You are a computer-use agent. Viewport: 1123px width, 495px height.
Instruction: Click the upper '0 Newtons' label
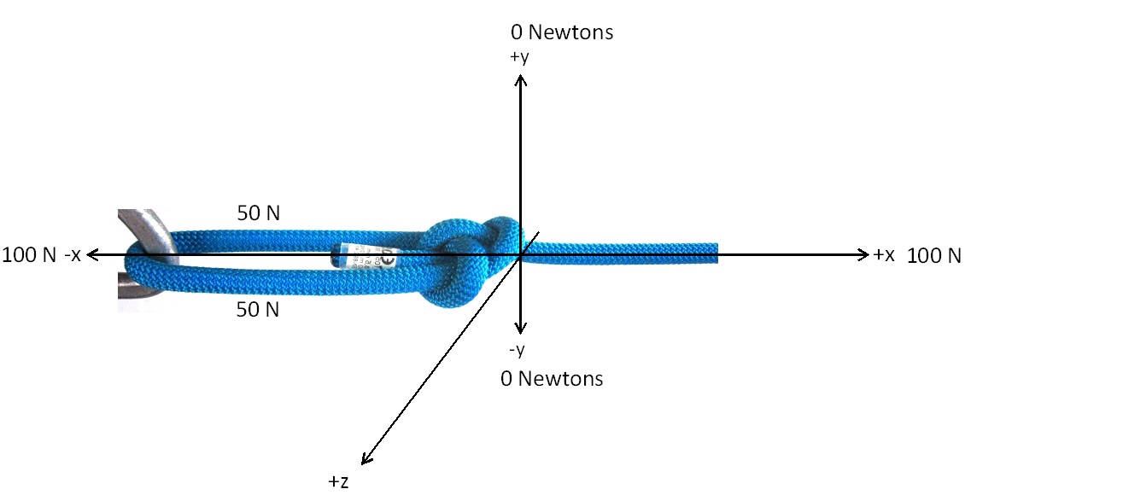pos(561,32)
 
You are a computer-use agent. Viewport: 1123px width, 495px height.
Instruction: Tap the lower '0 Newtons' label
pos(552,378)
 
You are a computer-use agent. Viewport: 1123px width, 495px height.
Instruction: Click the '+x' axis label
pos(884,254)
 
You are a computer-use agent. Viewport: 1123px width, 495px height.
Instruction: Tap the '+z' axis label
pos(338,481)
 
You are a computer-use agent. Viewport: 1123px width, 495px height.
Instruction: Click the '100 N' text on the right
pos(933,255)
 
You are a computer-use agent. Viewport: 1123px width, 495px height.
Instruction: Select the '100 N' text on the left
pos(29,254)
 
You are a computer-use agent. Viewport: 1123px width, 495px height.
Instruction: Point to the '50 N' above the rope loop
pos(259,213)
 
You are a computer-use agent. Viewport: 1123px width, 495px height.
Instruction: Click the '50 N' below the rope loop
pos(258,310)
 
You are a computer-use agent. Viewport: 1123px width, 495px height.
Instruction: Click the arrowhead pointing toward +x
pos(864,254)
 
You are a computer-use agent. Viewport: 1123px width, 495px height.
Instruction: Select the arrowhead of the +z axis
pos(366,459)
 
